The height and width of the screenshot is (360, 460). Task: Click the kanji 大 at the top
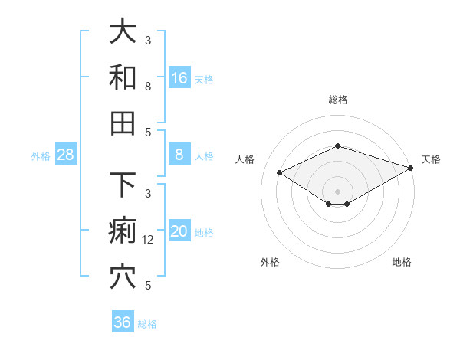pos(123,31)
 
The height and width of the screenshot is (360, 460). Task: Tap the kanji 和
pos(123,78)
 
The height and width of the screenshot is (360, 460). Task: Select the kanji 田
pos(123,123)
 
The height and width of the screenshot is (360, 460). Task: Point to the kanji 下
pos(123,186)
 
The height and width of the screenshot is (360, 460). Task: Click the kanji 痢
pos(123,231)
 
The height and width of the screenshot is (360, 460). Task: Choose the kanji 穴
pos(123,277)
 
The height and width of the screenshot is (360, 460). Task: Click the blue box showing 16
pos(179,78)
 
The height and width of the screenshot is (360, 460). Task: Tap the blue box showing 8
pos(179,155)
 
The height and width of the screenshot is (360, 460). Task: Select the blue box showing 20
pos(179,231)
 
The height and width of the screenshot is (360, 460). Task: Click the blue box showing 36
pos(123,322)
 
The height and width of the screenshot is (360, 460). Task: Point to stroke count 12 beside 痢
pos(149,240)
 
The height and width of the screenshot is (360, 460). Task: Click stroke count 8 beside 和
pos(148,87)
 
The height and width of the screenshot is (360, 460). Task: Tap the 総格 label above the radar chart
pos(338,100)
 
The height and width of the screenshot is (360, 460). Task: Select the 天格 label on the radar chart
pos(431,159)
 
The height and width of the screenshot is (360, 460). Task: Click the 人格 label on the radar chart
pos(245,159)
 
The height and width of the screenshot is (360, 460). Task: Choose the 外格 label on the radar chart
pos(270,263)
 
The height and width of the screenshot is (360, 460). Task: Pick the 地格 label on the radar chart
pos(402,263)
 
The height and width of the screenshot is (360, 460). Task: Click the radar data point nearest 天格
pos(412,167)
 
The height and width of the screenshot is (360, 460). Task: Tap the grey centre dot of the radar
pos(338,191)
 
